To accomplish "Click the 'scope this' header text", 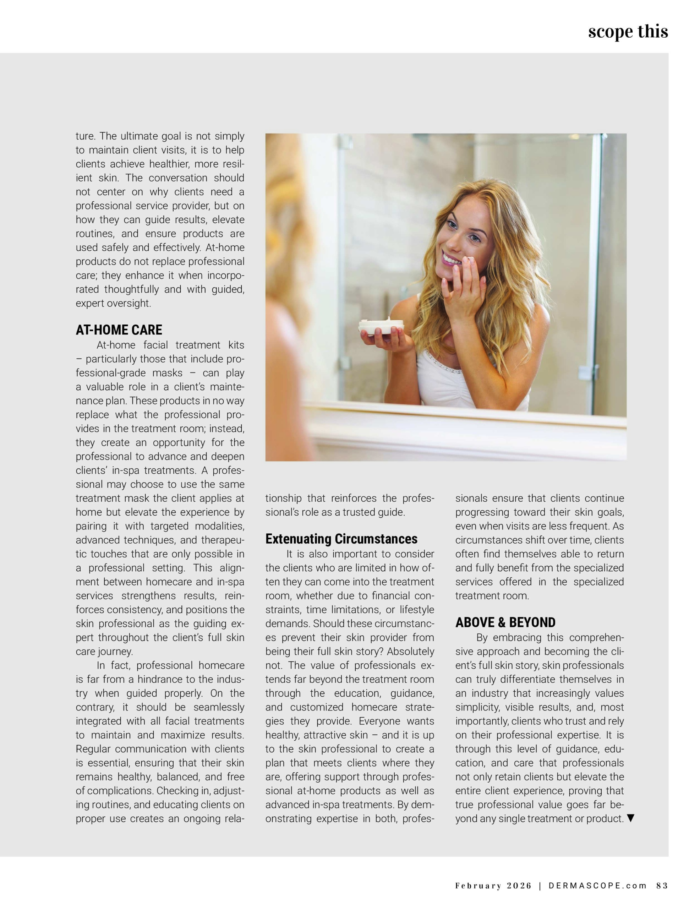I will tap(628, 31).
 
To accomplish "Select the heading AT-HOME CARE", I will tap(119, 330).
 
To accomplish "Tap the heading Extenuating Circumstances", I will tap(341, 539).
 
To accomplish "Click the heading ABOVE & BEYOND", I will tap(505, 623).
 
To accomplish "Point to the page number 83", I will tap(662, 886).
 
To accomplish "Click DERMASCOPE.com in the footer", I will tap(598, 886).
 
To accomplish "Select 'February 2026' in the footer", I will tap(493, 886).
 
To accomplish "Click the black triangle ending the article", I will tap(631, 818).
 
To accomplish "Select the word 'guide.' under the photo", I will tap(390, 512).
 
